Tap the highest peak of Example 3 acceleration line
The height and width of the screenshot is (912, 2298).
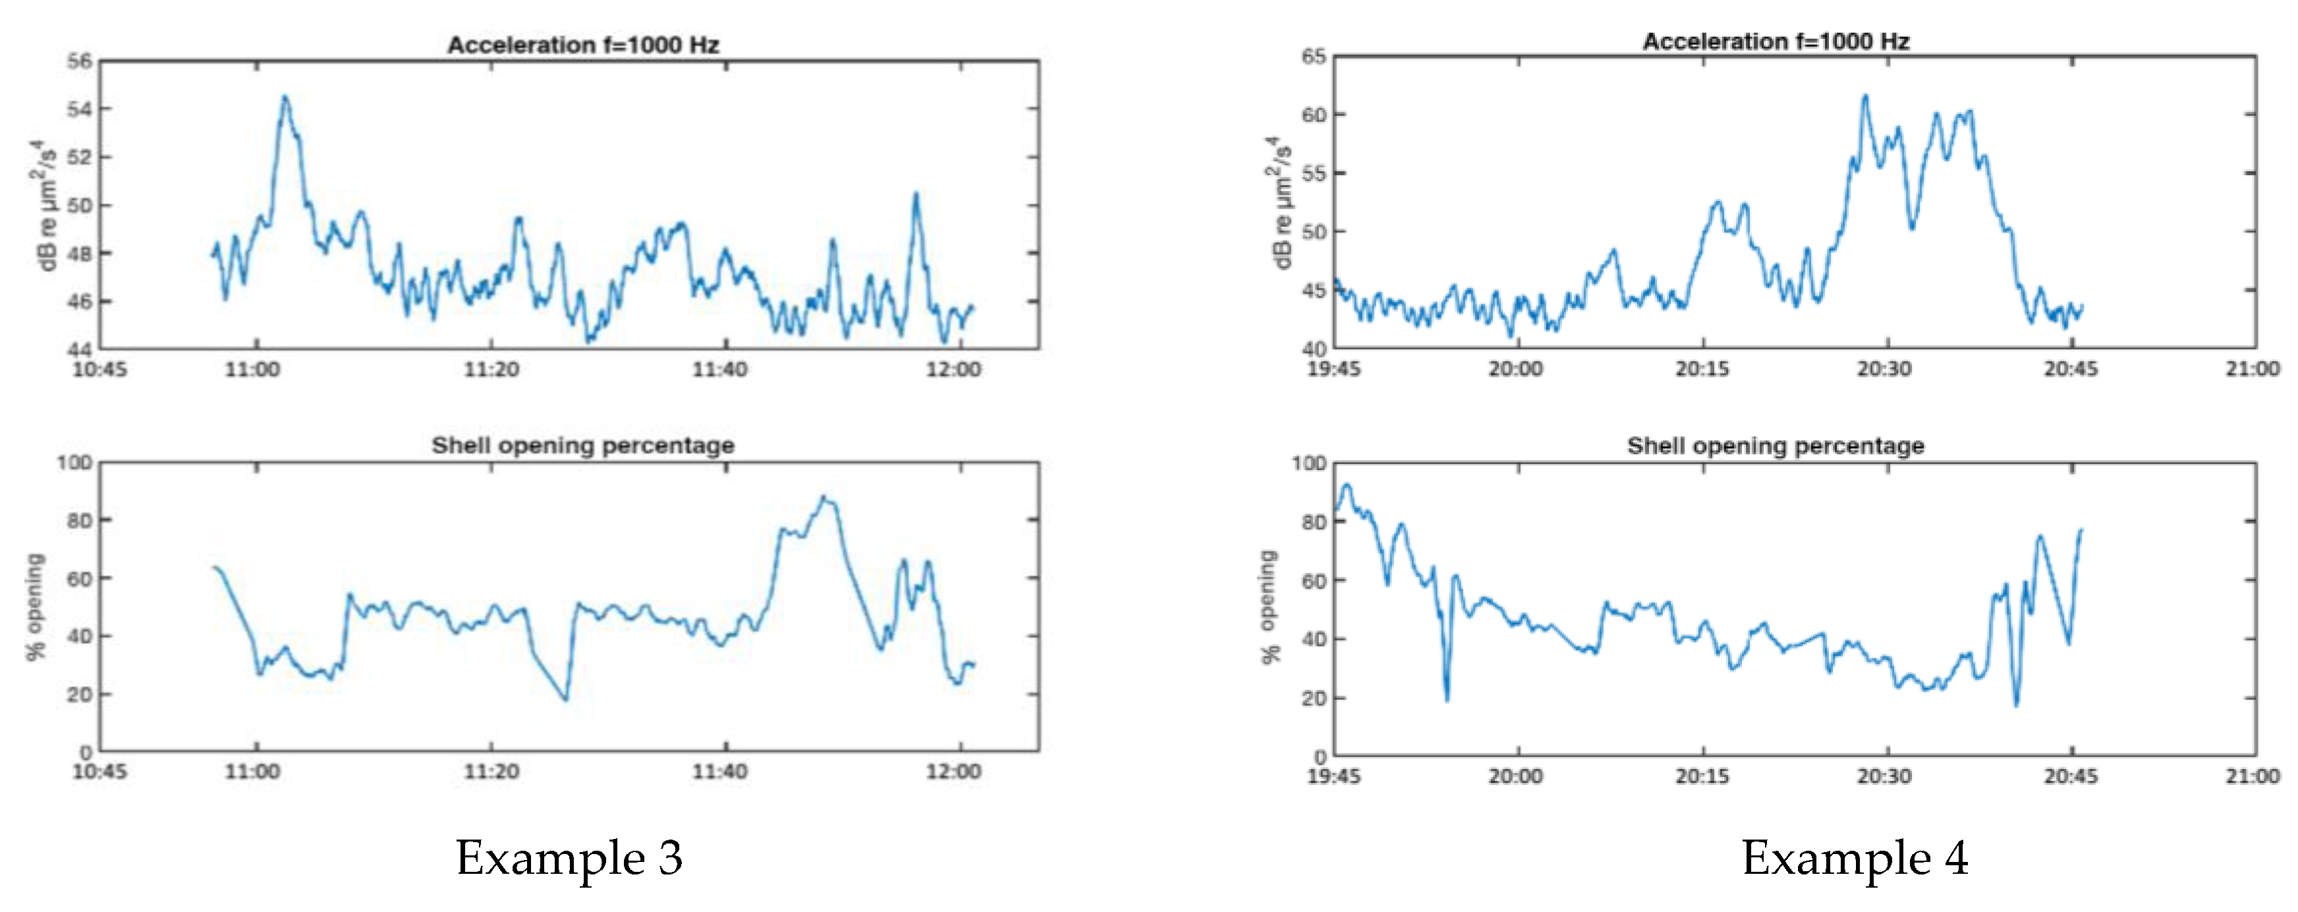285,97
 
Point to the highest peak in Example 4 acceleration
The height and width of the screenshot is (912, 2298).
1864,96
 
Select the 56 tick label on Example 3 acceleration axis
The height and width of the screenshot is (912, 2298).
80,61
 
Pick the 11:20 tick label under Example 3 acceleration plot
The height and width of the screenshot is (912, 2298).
491,369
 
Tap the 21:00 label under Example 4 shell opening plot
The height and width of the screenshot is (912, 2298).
2252,776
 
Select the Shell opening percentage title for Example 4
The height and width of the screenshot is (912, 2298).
1776,446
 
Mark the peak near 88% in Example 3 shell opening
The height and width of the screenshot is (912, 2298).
824,497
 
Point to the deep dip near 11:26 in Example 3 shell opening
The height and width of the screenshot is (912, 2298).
565,699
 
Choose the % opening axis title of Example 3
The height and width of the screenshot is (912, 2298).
36,606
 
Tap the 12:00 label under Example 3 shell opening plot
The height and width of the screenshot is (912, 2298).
953,771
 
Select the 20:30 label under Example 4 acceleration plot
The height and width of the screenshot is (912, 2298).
1884,369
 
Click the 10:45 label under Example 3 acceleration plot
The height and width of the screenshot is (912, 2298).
99,369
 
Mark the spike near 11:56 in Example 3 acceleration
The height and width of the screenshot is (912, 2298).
915,194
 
